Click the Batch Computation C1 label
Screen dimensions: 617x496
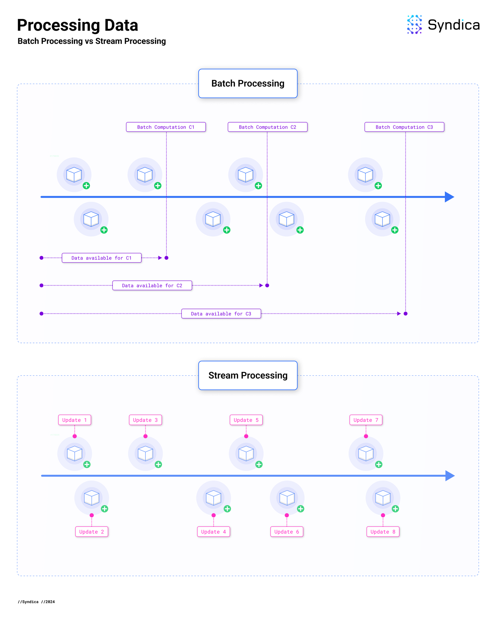coord(166,127)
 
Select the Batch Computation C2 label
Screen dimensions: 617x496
coord(268,127)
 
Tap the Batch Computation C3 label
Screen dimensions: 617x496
coord(404,127)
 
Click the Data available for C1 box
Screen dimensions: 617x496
coord(102,258)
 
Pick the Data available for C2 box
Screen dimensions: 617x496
coord(152,286)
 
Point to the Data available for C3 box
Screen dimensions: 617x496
coord(221,314)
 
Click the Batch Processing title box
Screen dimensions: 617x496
coord(248,84)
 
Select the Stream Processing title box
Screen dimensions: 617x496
coord(248,375)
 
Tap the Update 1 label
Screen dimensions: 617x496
coord(75,420)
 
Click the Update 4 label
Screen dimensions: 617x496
coord(214,532)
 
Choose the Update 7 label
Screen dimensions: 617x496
coord(366,420)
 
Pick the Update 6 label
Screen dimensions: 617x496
coord(287,532)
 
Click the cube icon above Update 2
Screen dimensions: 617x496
coord(92,498)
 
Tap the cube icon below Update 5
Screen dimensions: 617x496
coord(246,453)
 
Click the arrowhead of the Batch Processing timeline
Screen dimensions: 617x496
coord(449,197)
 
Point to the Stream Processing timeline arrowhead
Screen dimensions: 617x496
coord(450,476)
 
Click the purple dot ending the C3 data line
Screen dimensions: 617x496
coord(405,314)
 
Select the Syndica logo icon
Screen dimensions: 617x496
coord(414,24)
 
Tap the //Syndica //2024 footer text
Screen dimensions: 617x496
coord(36,602)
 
